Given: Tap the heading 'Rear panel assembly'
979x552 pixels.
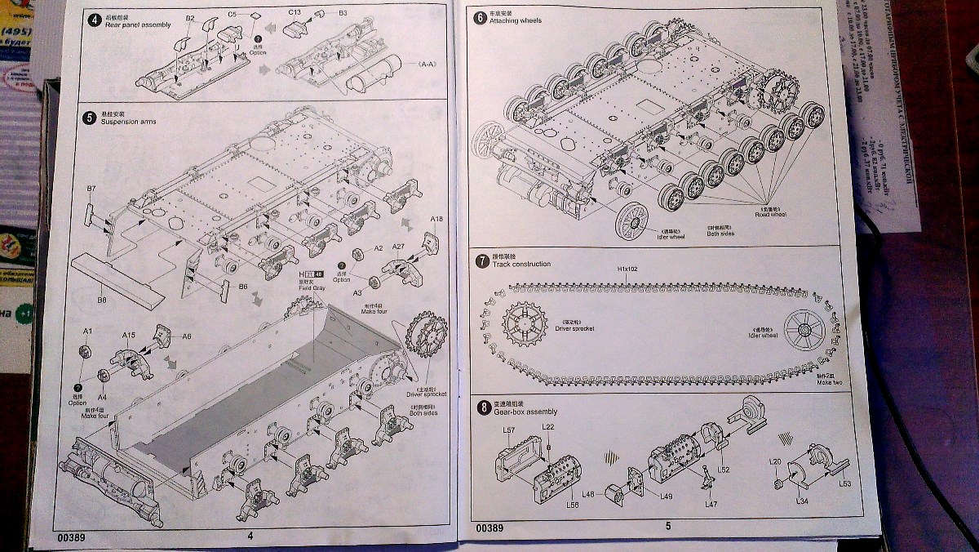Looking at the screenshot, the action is [138, 25].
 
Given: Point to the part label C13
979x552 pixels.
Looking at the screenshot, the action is [295, 12].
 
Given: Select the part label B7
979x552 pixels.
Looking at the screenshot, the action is [91, 189].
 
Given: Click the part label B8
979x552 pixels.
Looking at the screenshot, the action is [102, 300].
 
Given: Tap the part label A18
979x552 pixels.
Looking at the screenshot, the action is [436, 219].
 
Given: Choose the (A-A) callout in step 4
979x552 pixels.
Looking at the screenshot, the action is [427, 64].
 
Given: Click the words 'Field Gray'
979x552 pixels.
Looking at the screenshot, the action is [312, 287].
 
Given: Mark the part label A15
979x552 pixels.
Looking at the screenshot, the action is [128, 335].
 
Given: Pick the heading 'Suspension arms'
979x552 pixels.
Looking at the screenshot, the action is [128, 122].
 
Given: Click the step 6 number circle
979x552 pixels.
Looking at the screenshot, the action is [480, 17].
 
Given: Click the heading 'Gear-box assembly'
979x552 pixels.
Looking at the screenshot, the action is [525, 412].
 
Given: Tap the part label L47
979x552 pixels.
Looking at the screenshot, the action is [711, 505].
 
